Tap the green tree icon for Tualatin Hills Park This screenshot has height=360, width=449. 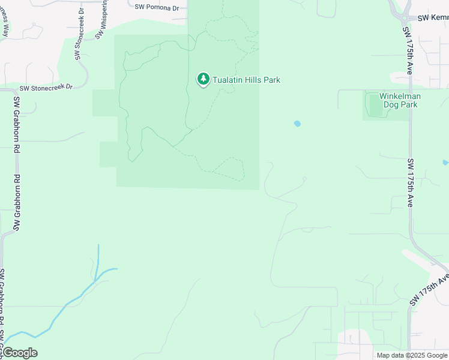(203, 79)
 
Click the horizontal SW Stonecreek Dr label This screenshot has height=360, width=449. (46, 87)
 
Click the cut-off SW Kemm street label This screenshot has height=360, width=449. (433, 18)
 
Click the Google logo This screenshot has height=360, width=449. (19, 353)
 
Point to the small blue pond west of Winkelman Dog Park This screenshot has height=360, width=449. (297, 124)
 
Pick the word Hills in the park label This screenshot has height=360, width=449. (251, 80)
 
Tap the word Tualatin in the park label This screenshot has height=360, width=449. (226, 80)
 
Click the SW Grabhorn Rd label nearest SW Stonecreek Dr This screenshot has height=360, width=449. (16, 119)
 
